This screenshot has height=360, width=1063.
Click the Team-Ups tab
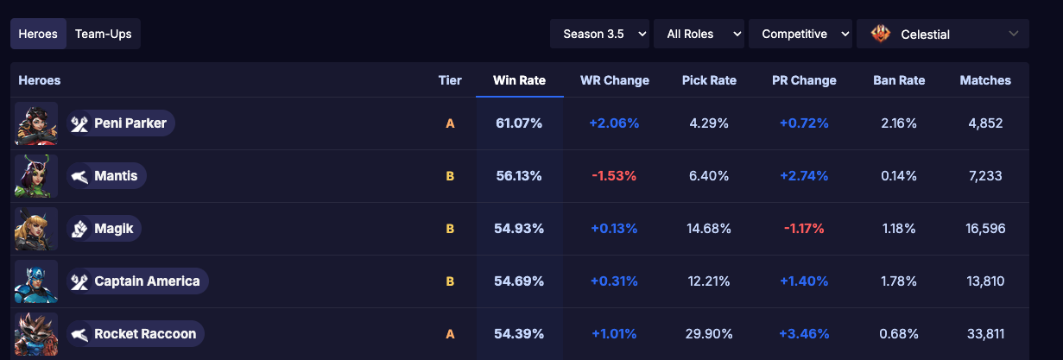pyautogui.click(x=103, y=35)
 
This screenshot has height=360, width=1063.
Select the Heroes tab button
pyautogui.click(x=38, y=35)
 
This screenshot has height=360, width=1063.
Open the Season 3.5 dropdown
pyautogui.click(x=600, y=34)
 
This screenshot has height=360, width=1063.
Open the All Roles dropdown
pyautogui.click(x=699, y=34)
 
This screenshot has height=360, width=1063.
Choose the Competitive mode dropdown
pyautogui.click(x=800, y=34)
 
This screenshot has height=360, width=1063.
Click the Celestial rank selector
pyautogui.click(x=942, y=35)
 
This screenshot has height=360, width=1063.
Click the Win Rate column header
pyautogui.click(x=519, y=80)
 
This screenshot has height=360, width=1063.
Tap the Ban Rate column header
pyautogui.click(x=899, y=80)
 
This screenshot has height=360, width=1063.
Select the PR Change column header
pyautogui.click(x=804, y=80)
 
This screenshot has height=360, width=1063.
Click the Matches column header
pyautogui.click(x=985, y=80)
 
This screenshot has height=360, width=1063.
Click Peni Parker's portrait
pyautogui.click(x=36, y=123)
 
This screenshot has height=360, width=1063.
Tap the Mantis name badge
pyautogui.click(x=107, y=176)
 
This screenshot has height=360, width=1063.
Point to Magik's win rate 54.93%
pyautogui.click(x=519, y=229)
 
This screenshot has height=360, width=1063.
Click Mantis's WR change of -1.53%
pyautogui.click(x=614, y=176)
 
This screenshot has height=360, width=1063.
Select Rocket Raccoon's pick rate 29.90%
pyautogui.click(x=709, y=334)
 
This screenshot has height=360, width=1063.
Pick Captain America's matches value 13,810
pyautogui.click(x=985, y=281)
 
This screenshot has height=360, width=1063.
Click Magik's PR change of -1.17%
pyautogui.click(x=804, y=229)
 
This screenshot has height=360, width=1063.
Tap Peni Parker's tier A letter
pyautogui.click(x=450, y=123)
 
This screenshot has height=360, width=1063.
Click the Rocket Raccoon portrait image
pyautogui.click(x=36, y=334)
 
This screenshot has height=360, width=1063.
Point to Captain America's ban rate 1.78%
pyautogui.click(x=899, y=281)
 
